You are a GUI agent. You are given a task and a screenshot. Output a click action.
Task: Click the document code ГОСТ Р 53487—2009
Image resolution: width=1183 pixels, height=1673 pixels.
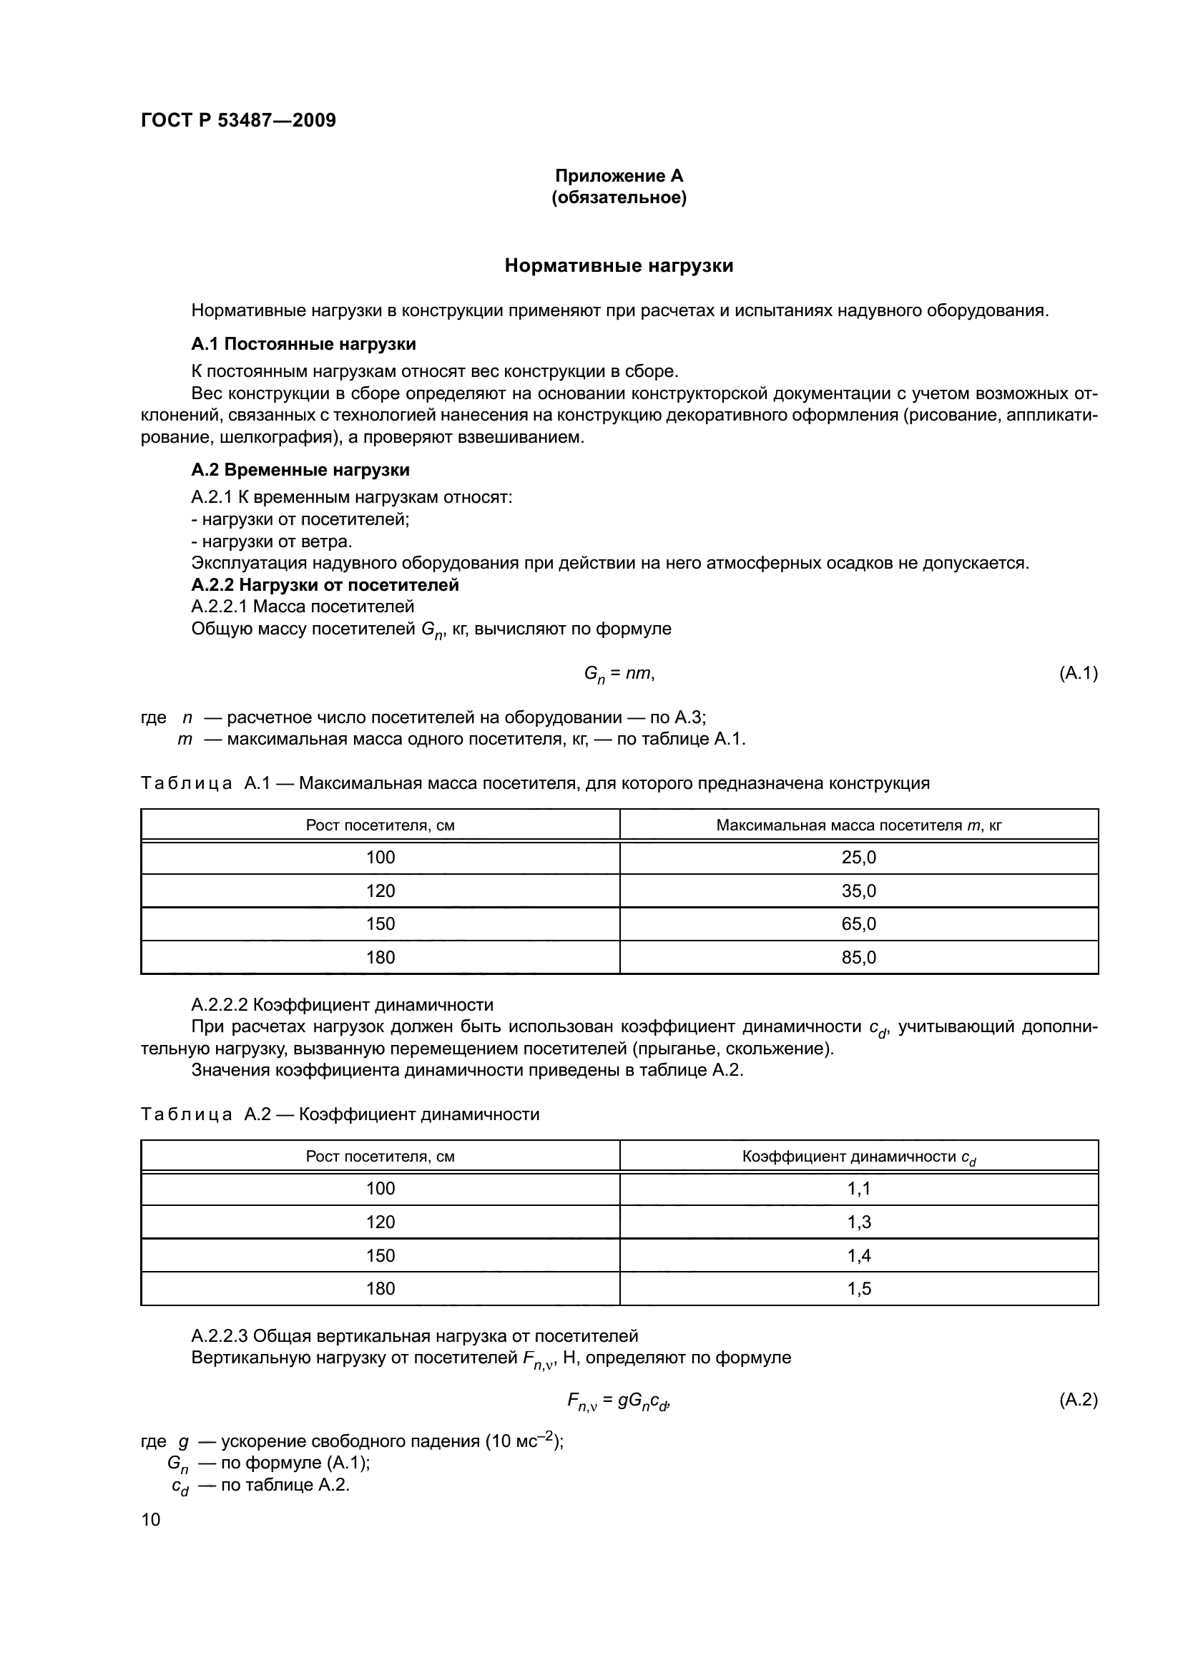238,120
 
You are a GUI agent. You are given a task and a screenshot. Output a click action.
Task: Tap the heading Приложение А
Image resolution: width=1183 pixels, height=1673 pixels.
619,176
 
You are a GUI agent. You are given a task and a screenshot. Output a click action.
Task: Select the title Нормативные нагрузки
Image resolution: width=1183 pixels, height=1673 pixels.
619,266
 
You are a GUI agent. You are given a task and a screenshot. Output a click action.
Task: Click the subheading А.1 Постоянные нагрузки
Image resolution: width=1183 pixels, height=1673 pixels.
303,344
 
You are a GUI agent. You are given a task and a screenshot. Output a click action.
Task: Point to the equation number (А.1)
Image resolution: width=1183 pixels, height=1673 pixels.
1078,673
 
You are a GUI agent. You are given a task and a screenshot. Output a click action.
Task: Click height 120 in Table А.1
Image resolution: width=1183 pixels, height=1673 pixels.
381,891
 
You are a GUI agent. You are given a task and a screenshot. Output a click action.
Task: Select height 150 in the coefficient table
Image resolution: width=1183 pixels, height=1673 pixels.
381,1255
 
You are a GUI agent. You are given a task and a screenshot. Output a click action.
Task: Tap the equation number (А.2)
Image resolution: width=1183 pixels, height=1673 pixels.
1078,1400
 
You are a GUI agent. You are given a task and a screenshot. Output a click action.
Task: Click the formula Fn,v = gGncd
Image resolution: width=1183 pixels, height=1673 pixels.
617,1401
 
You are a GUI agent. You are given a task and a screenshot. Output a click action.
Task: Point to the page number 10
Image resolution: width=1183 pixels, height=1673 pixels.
151,1520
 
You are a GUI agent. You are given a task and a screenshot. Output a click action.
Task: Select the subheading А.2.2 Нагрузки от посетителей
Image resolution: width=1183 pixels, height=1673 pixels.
325,585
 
